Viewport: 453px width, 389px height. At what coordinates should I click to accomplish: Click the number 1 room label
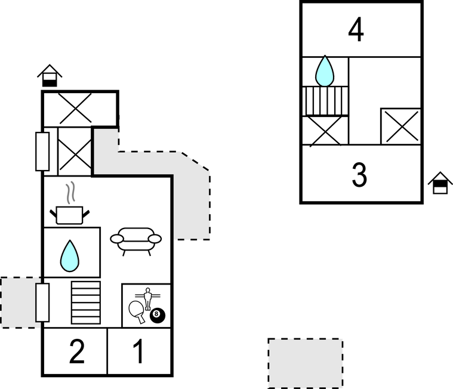click(x=138, y=352)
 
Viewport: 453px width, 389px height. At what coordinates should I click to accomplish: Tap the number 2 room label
click(x=76, y=352)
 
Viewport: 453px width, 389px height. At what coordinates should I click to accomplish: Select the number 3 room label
click(x=359, y=175)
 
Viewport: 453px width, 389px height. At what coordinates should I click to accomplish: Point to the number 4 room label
click(x=356, y=30)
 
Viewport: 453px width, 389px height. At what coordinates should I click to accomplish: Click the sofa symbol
click(x=137, y=240)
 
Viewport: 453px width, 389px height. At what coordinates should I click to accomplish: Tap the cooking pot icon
click(x=70, y=214)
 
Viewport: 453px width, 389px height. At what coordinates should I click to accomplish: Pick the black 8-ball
click(x=158, y=315)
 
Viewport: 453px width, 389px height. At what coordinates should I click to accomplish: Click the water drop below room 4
click(x=325, y=71)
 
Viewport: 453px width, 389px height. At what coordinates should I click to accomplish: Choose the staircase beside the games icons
click(x=86, y=302)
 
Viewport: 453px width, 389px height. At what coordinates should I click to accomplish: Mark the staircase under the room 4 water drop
click(x=325, y=101)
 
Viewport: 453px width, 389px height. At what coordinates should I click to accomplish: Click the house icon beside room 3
click(x=440, y=183)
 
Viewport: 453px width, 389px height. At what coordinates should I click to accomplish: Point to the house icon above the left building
click(x=50, y=76)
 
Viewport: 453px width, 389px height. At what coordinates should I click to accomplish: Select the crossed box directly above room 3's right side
click(x=400, y=126)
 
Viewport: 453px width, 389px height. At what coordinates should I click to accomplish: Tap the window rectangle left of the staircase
click(x=42, y=302)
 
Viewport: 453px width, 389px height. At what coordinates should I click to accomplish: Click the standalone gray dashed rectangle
click(x=305, y=363)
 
